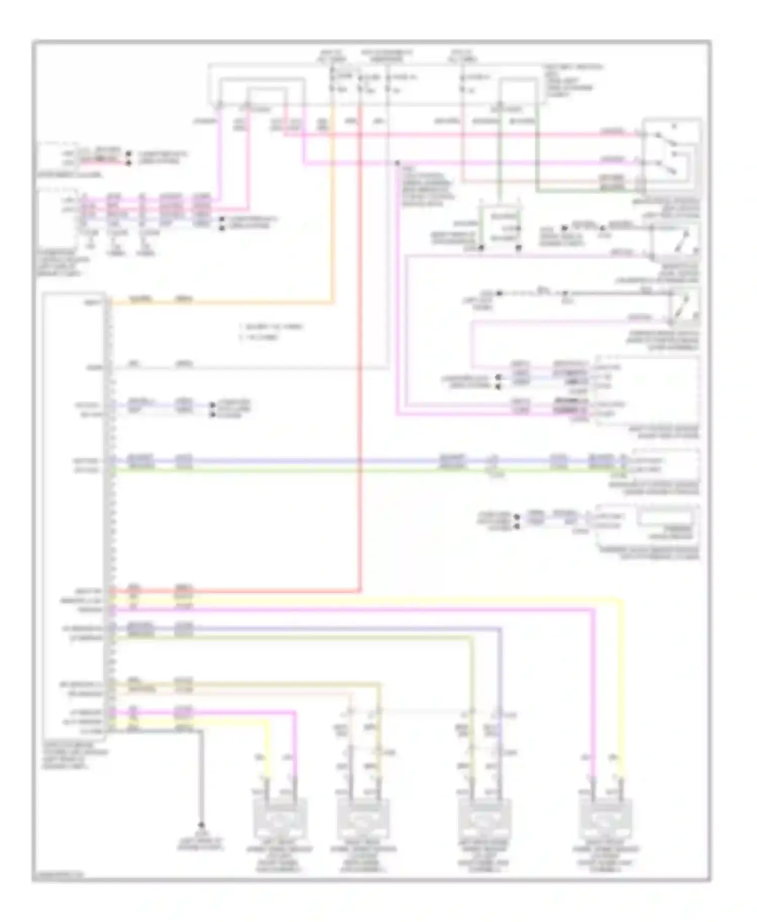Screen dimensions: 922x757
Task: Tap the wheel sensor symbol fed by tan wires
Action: [x=363, y=818]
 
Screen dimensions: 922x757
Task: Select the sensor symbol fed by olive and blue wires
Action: [x=484, y=818]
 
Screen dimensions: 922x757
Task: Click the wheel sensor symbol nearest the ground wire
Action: [x=279, y=818]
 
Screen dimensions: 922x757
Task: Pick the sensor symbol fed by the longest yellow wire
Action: [x=606, y=818]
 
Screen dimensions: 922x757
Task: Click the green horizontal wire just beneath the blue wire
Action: [x=303, y=470]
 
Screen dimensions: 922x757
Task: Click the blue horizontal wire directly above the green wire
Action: [x=303, y=460]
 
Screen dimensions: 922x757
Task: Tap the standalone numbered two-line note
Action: [x=271, y=332]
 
